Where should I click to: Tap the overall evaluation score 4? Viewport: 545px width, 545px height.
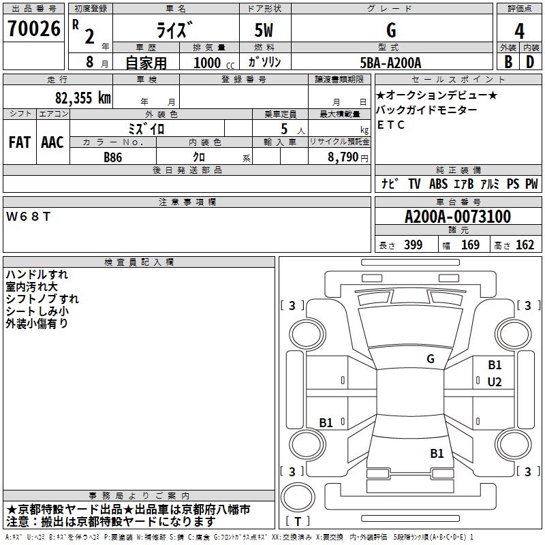pos(519,31)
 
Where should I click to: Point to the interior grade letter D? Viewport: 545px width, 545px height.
pos(529,61)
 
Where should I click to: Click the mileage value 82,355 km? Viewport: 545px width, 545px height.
pos(83,97)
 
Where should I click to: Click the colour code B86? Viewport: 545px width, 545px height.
pos(113,157)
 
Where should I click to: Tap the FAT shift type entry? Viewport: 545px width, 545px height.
pos(19,142)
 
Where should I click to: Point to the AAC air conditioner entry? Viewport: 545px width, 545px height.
pos(52,142)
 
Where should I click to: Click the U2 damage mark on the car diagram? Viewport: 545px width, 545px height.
pos(494,382)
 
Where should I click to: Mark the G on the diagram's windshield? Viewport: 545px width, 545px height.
pos(430,359)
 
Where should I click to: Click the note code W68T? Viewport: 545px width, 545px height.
pos(28,216)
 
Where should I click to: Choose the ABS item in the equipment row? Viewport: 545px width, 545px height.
pos(438,184)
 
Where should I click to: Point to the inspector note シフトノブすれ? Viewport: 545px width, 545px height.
pos(42,298)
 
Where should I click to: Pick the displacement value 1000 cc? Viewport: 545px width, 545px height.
pos(209,62)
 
